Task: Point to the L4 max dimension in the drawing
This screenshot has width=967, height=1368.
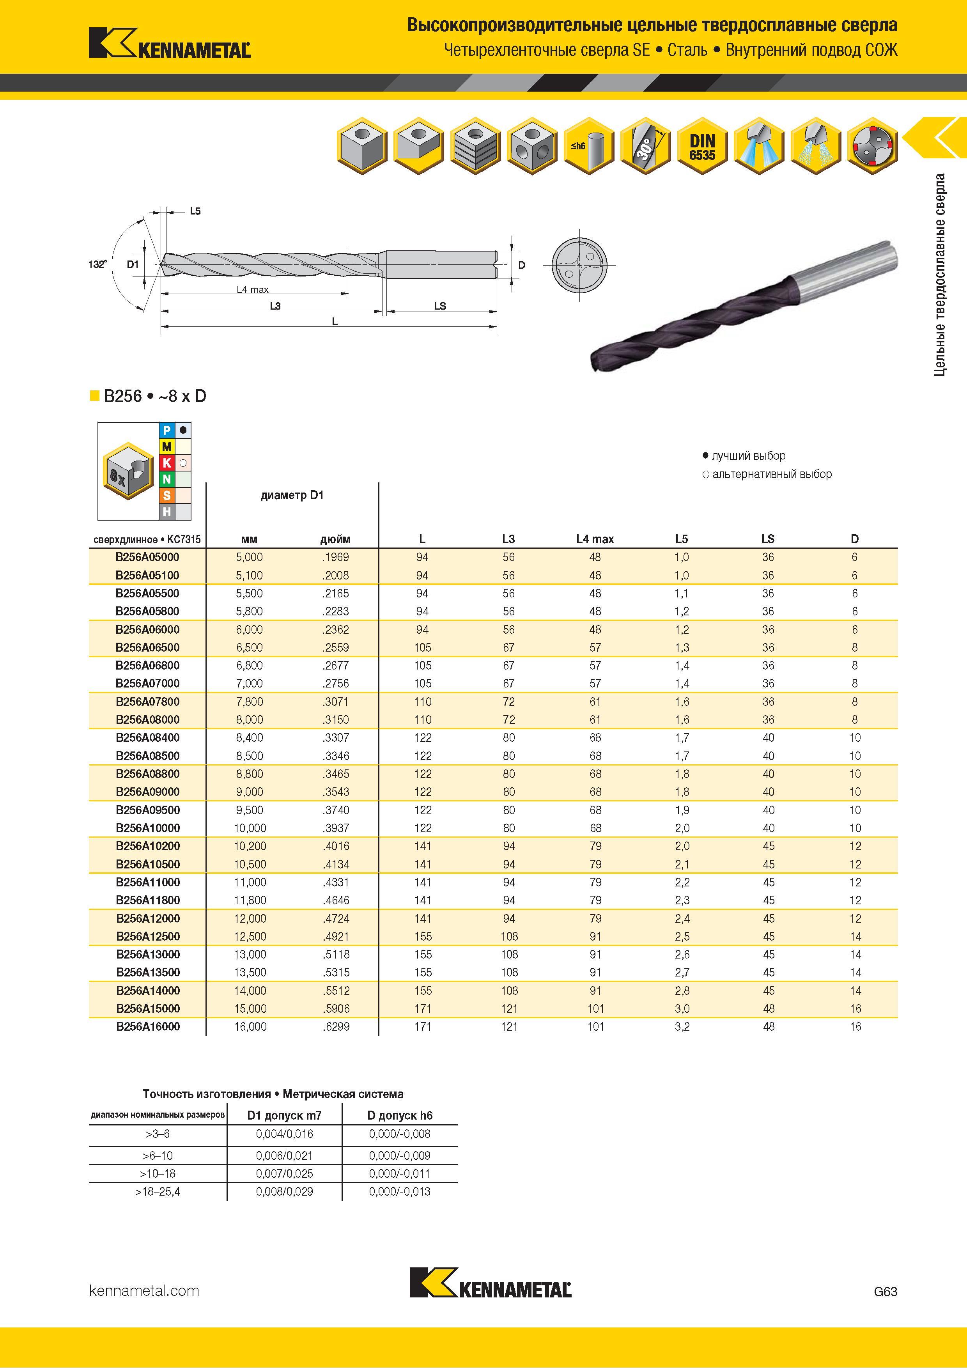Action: (x=253, y=290)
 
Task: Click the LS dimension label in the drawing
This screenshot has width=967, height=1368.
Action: (x=440, y=306)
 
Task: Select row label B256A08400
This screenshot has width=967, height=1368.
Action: (x=147, y=738)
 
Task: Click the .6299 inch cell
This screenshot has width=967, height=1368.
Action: (x=336, y=1027)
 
